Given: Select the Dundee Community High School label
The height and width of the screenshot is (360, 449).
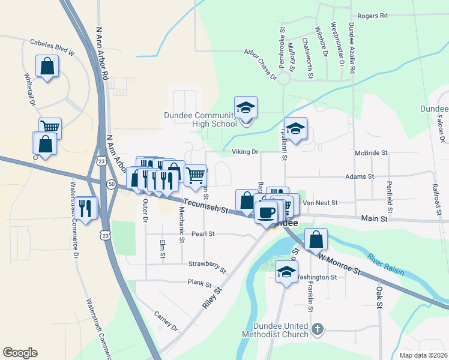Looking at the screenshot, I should pos(200,119).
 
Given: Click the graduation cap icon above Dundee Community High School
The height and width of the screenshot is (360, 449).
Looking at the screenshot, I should pos(246,108).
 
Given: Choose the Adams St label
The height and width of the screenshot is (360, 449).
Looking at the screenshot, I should pos(360,177).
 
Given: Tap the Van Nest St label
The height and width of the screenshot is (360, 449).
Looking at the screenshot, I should pos(321,203).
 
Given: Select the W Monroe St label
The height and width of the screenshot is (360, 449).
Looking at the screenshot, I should pos(340,264).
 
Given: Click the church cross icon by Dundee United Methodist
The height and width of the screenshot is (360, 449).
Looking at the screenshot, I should pos(318,328).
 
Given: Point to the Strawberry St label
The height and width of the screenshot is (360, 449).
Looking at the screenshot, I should pos(207,266).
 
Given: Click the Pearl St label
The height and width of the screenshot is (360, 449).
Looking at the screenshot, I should pos(203,233).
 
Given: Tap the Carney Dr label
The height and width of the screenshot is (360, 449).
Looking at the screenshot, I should pos(166,321).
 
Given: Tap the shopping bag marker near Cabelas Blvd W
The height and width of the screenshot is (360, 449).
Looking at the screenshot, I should pos(47,66).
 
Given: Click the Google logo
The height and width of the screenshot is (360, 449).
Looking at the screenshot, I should pos(20,353).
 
